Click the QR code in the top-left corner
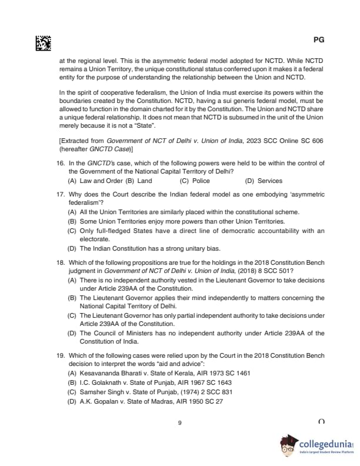pyautogui.click(x=43, y=44)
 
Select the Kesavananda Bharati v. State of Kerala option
pyautogui.click(x=159, y=374)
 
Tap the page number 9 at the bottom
pyautogui.click(x=179, y=423)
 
